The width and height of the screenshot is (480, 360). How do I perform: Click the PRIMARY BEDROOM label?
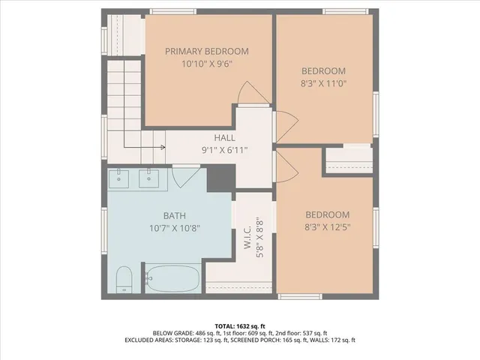coord(206,51)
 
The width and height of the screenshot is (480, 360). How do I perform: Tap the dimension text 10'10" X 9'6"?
coord(206,64)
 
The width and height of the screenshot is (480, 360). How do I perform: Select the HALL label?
coord(224,138)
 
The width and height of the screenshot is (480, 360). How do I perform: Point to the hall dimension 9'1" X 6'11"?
coord(224,150)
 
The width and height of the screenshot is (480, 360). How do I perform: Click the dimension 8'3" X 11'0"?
coord(325,85)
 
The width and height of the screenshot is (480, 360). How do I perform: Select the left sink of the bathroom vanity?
coord(120,179)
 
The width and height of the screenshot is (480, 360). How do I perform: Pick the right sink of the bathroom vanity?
coord(150,179)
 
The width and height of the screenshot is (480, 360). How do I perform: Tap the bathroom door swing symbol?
coord(185,178)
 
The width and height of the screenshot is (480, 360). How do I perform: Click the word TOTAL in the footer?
coord(226,326)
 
